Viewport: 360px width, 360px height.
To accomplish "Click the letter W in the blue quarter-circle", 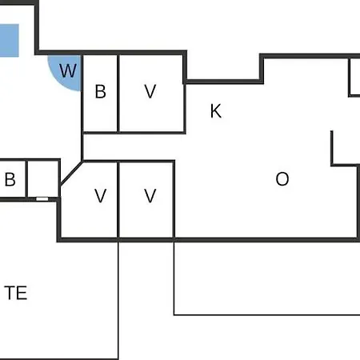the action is tap(68, 70).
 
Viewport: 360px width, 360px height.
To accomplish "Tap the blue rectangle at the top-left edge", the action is tap(10, 41).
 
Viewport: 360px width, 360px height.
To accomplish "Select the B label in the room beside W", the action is tap(101, 92).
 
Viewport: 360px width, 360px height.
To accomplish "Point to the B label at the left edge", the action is tap(10, 179).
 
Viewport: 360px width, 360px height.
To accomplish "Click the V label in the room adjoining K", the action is tap(150, 91).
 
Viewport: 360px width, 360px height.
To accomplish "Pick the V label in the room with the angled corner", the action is tap(101, 196).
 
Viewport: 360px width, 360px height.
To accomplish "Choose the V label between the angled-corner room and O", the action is tap(150, 196).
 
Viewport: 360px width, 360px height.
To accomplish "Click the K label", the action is tap(216, 111).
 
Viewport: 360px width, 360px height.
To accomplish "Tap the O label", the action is tap(282, 179).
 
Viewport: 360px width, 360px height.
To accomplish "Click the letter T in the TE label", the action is tap(10, 293).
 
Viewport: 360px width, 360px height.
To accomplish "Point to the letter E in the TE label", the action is tap(22, 293).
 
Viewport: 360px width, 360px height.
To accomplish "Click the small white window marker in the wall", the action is tap(42, 199).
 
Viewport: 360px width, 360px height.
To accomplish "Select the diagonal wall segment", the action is tap(71, 173).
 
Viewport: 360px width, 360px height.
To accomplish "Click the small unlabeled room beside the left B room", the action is tap(43, 178).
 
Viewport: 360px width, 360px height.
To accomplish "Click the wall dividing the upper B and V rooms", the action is tap(118, 94).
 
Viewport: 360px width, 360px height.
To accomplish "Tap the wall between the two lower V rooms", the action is tap(118, 199).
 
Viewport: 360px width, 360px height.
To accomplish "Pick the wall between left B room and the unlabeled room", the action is tap(26, 178).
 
